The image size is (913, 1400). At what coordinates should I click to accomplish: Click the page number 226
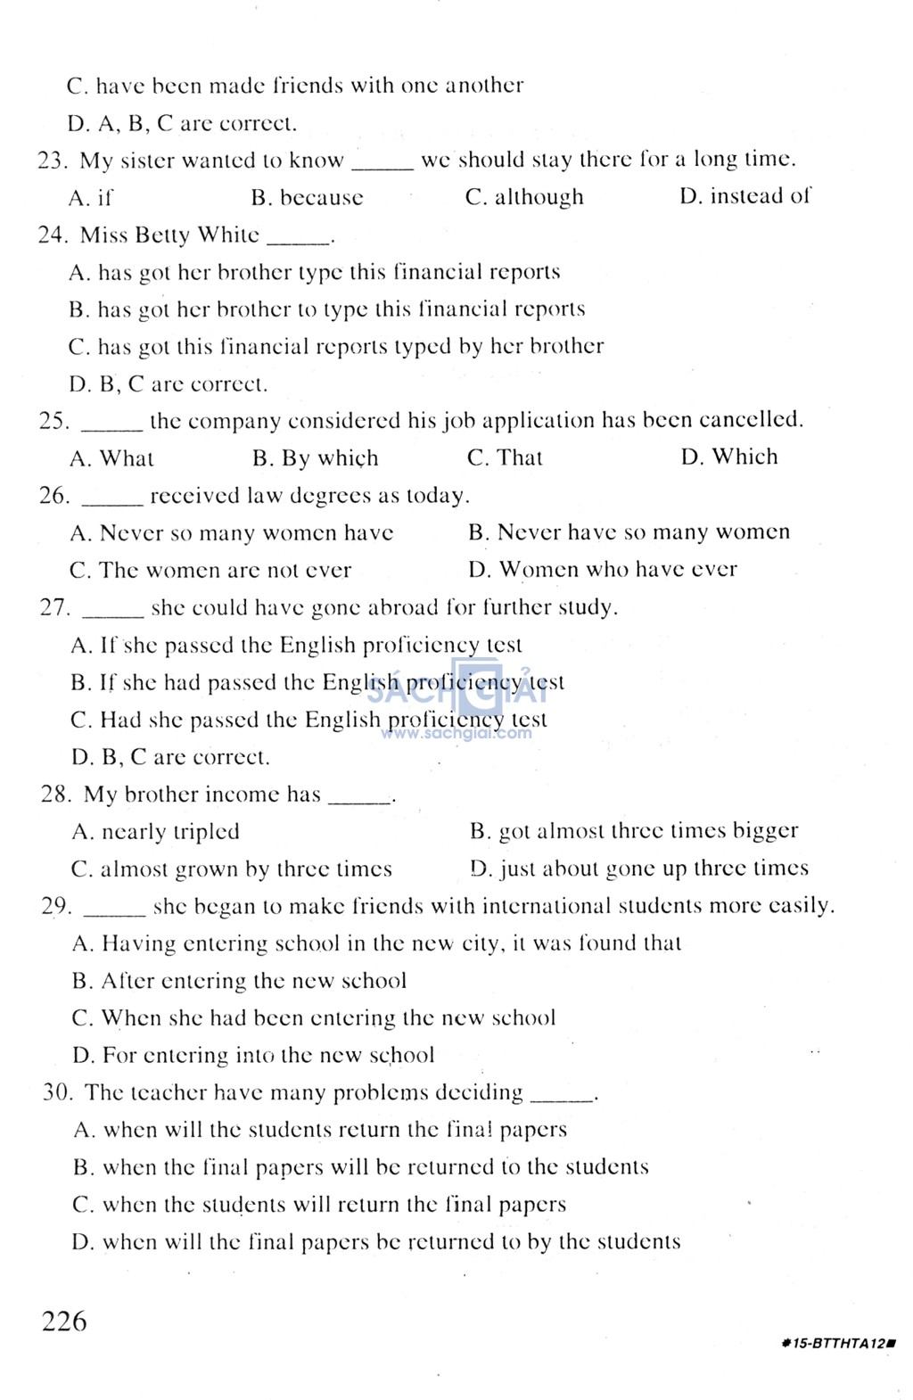pos(64,1321)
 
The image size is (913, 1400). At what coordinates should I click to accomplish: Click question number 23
pos(53,161)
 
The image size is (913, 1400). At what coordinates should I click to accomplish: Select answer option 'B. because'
pos(307,198)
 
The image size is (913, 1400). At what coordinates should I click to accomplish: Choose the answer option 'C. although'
pos(524,197)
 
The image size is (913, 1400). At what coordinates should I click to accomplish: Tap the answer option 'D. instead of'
pos(745,196)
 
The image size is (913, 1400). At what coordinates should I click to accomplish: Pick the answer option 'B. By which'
pos(315,458)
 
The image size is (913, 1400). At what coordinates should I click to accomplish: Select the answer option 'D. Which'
pos(729,457)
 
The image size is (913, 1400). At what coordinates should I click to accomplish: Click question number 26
pos(54,496)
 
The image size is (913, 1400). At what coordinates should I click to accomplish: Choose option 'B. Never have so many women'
pos(629,532)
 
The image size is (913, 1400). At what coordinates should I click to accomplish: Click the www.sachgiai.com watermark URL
pos(456,734)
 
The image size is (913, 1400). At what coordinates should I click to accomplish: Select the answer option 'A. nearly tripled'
pos(155,832)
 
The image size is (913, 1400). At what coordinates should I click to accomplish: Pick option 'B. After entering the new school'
pos(239,982)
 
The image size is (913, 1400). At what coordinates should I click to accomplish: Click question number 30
pos(58,1093)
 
